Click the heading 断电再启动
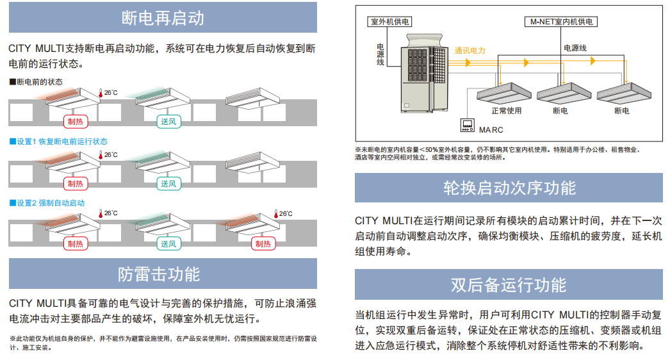coord(163,17)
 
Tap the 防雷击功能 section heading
coord(163,274)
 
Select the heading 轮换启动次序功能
coord(509,188)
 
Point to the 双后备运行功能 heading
coord(509,284)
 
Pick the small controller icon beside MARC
coord(466,125)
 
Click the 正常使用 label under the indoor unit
coord(506,111)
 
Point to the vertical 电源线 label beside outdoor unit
coord(379,54)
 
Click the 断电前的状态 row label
coord(37,82)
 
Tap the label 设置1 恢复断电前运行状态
coord(59,141)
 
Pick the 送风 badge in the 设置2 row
coord(168,244)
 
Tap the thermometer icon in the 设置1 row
coord(101,155)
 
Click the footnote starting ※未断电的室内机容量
coord(500,153)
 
